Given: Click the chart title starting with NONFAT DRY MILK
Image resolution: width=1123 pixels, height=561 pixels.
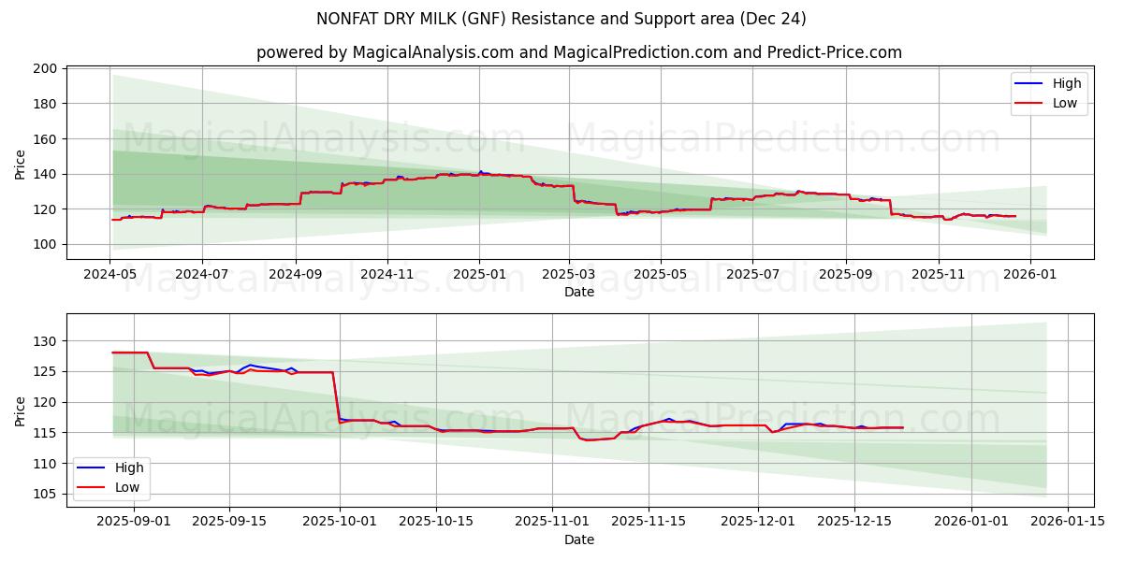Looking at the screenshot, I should coord(561,19).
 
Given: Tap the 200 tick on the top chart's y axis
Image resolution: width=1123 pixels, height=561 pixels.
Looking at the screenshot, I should coord(45,68).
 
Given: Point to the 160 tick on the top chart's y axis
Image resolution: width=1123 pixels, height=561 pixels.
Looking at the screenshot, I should coord(45,138).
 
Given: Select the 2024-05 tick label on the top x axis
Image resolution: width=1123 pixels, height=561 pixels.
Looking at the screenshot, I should coord(111,275).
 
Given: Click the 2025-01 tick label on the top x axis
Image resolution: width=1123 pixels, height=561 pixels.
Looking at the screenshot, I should coord(479,275).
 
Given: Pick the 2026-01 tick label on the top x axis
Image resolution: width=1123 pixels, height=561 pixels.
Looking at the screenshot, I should coord(1030,275).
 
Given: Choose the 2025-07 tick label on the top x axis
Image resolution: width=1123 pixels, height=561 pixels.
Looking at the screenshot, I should coord(753,275).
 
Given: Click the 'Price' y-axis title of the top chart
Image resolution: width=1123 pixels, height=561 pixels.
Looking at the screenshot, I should coord(21,164).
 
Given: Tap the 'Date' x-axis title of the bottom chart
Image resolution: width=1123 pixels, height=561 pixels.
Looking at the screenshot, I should coord(579,539).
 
